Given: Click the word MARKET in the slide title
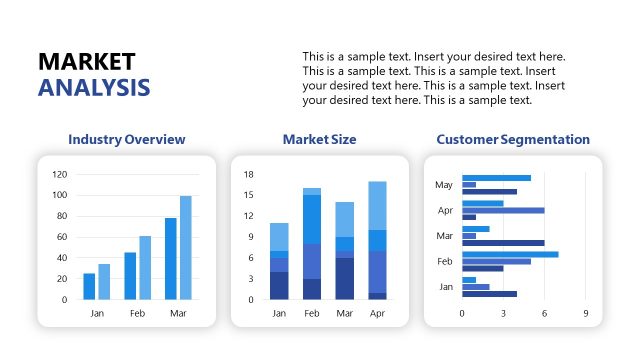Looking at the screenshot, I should [86, 61].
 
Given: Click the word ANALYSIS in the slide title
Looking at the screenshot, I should [94, 87].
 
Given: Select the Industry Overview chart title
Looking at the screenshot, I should [126, 139].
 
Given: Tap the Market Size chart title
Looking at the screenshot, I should [319, 139].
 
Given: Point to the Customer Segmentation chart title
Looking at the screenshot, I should [513, 139].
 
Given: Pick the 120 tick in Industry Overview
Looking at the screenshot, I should [59, 174].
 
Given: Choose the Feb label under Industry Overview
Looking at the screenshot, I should [138, 313].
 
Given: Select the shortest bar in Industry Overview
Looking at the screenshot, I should [89, 286].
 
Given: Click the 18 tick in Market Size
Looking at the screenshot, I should [248, 174].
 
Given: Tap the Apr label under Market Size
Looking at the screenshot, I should [377, 313].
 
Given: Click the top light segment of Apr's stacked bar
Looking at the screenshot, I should [377, 205].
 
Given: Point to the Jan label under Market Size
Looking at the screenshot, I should [279, 313].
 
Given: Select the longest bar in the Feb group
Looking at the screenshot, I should [510, 254].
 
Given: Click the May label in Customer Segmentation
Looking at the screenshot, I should [444, 185].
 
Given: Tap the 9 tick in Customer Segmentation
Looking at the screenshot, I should [586, 313].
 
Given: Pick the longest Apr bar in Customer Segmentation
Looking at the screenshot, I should [503, 210].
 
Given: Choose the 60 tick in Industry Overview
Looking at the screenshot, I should [61, 237].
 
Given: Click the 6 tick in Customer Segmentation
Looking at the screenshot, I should [544, 313].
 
